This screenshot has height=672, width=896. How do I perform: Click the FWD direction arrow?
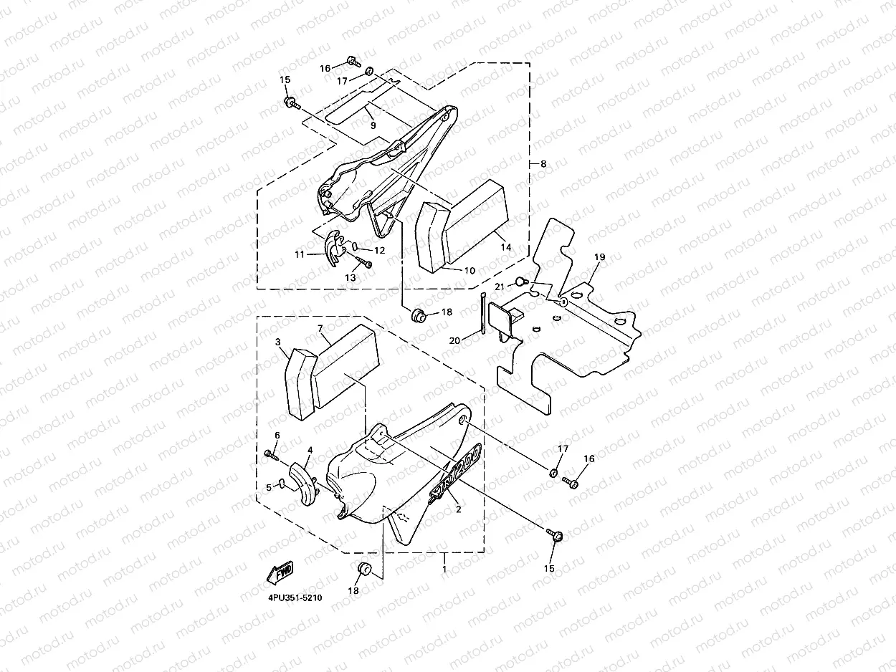pyautogui.click(x=280, y=572)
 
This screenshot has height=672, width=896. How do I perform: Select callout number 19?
pyautogui.click(x=599, y=256)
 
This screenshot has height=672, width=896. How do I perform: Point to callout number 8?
pyautogui.click(x=543, y=164)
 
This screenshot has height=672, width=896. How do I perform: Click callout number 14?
pyautogui.click(x=506, y=247)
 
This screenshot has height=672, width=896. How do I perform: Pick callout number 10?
pyautogui.click(x=470, y=271)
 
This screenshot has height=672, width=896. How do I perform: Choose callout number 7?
pyautogui.click(x=320, y=328)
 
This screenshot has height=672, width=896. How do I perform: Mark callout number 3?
pyautogui.click(x=278, y=342)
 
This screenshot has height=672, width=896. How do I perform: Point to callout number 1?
pyautogui.click(x=444, y=568)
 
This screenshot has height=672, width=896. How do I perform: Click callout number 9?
pyautogui.click(x=373, y=125)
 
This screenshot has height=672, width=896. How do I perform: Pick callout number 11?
pyautogui.click(x=300, y=254)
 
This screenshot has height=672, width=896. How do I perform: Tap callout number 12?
pyautogui.click(x=379, y=251)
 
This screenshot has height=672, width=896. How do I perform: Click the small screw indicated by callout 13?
pyautogui.click(x=367, y=264)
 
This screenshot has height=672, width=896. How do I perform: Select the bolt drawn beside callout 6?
pyautogui.click(x=270, y=453)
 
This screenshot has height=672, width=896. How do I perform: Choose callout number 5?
pyautogui.click(x=269, y=487)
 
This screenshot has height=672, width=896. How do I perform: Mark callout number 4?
pyautogui.click(x=310, y=451)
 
